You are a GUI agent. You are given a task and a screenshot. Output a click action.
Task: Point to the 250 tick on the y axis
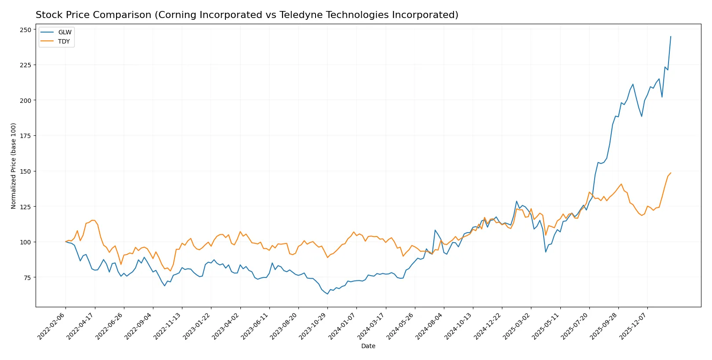click(x=25, y=30)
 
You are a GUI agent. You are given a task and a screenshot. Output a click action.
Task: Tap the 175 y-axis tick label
click(x=25, y=136)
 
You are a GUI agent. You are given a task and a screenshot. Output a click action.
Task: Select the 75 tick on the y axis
click(x=27, y=277)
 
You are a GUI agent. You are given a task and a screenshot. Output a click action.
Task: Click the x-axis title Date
click(x=368, y=346)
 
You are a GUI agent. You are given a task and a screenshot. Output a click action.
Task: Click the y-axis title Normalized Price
click(x=13, y=166)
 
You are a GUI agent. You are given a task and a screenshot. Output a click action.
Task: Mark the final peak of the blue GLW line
click(x=671, y=36)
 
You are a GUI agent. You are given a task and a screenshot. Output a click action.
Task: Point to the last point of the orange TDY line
click(x=671, y=173)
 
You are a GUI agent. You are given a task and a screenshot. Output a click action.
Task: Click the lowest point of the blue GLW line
click(x=327, y=294)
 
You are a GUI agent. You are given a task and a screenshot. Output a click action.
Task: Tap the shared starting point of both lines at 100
click(x=66, y=242)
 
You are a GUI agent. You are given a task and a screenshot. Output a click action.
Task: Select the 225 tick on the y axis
click(x=25, y=65)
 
